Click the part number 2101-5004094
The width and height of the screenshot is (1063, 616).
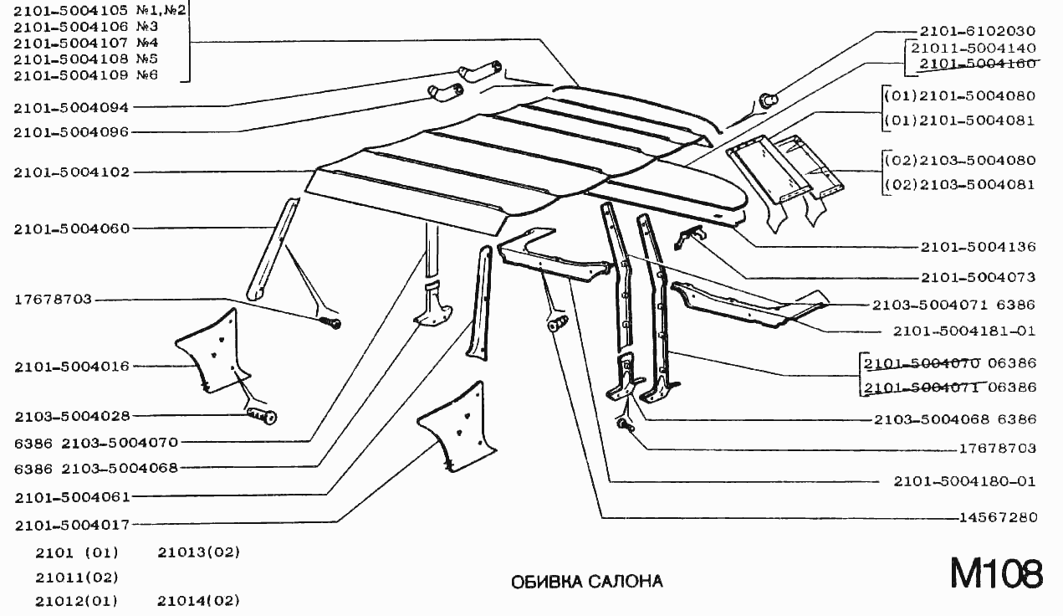pos(71,108)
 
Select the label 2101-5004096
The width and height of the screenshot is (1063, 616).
pos(71,132)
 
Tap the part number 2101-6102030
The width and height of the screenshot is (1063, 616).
pos(978,31)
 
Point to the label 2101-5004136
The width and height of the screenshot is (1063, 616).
pos(978,247)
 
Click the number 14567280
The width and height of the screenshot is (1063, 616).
pos(999,516)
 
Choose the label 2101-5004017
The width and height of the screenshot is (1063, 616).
pos(72,526)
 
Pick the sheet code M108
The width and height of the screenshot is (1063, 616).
pos(996,573)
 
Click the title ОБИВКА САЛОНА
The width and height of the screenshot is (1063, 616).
pos(587,582)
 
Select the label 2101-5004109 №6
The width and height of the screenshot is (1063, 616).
pos(85,75)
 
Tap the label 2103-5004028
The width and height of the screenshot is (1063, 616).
pos(72,417)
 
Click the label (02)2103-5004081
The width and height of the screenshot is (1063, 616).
pos(960,184)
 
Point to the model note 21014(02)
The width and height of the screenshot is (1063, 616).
pos(199,601)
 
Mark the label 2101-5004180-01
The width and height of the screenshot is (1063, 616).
pos(965,481)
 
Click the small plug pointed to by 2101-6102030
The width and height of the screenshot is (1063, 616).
pos(769,100)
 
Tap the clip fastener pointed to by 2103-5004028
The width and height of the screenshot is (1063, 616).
pos(262,416)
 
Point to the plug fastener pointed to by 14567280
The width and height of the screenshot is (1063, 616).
pos(558,323)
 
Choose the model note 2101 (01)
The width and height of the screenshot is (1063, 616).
pos(77,552)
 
